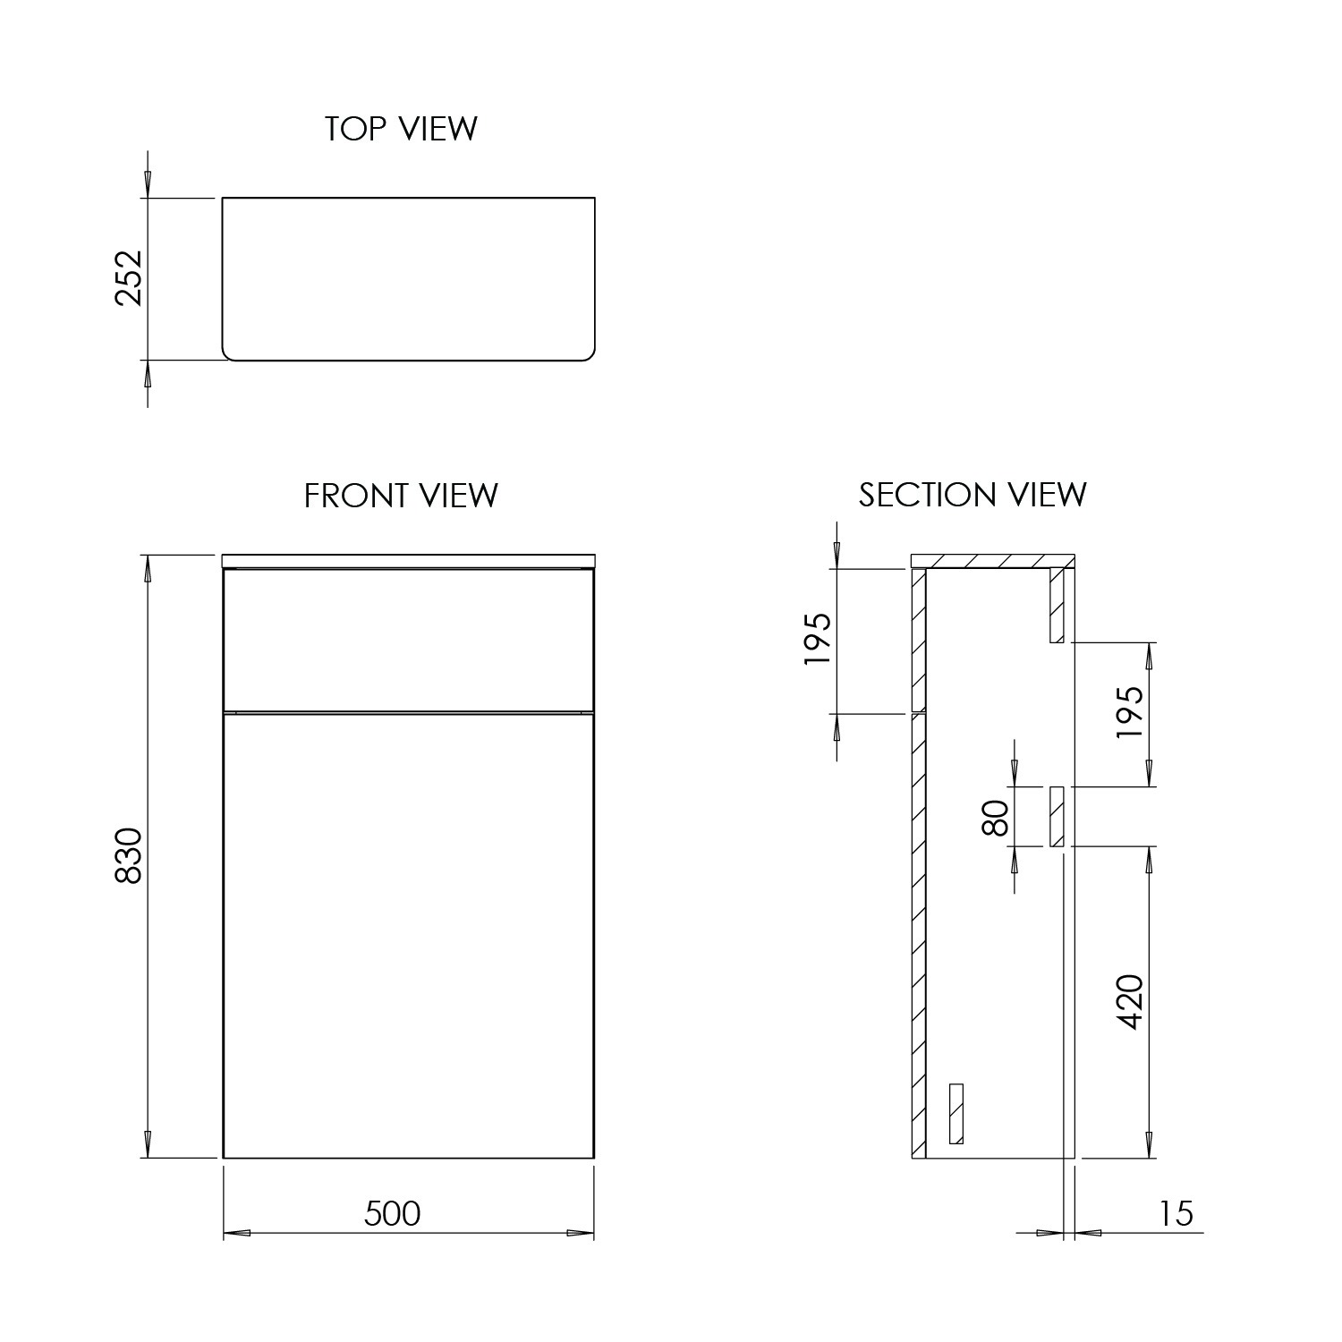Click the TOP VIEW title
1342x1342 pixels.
pos(401,129)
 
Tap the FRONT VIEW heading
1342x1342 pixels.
pos(401,495)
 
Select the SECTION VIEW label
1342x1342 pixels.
pos(973,495)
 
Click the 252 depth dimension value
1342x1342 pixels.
pos(130,277)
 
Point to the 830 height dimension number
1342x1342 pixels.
pos(130,856)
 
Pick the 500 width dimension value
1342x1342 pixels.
pos(392,1213)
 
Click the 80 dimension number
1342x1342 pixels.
pos(995,817)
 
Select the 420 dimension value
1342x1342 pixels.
pos(1131,1001)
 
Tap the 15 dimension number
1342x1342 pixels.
pos(1176,1214)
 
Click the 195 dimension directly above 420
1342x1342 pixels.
pos(1131,712)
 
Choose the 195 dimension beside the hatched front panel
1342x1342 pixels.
pos(818,640)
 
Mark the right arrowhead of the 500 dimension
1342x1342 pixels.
pos(581,1234)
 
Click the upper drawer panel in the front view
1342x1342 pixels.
pos(408,639)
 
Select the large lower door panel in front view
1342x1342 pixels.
pos(408,935)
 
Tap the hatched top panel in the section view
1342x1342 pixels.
pos(991,561)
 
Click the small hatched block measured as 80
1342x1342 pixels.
pos(1057,816)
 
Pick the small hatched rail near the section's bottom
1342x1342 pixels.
pos(956,1113)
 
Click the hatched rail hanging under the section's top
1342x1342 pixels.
pos(1057,606)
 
